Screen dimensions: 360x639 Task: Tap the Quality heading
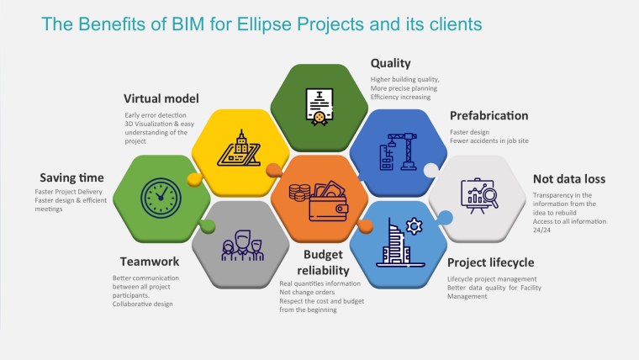click(391, 63)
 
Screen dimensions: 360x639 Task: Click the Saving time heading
click(72, 177)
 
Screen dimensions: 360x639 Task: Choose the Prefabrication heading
click(488, 115)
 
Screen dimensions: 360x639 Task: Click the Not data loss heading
click(569, 178)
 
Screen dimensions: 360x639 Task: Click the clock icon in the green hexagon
click(160, 195)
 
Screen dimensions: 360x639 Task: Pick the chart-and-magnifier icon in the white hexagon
click(478, 195)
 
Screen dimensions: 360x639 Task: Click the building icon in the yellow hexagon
click(238, 148)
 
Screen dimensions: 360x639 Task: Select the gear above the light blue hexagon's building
click(413, 225)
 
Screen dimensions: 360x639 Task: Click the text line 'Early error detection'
click(155, 115)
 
